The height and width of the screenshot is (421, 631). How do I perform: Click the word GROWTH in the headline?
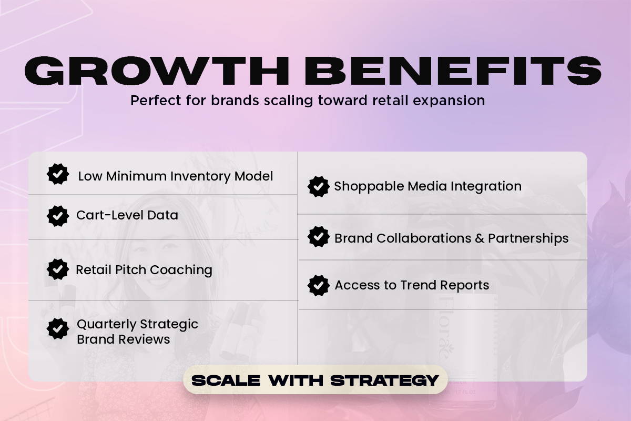tap(157, 71)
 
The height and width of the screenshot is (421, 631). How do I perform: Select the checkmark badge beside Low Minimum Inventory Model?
tap(58, 174)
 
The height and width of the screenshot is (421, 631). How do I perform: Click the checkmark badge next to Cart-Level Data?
tap(58, 216)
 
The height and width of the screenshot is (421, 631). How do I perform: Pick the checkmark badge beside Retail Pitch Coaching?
tap(58, 269)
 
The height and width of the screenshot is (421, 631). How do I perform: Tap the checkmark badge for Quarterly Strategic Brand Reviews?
tap(58, 329)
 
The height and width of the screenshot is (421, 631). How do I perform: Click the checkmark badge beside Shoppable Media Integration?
tap(319, 186)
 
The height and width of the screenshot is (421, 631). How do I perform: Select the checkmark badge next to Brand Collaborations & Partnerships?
tap(319, 237)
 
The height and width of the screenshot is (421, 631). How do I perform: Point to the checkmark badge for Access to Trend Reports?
tap(319, 286)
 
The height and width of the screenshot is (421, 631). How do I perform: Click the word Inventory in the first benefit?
tap(200, 177)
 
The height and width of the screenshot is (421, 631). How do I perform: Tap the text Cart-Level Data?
tap(127, 215)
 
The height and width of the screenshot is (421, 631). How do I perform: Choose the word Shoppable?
tap(369, 187)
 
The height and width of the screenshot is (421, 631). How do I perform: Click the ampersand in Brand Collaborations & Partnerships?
tap(480, 238)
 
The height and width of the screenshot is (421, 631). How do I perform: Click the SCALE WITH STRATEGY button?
tap(315, 380)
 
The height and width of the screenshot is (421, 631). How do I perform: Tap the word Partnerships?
tap(528, 238)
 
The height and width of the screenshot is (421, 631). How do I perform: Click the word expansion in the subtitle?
tap(449, 101)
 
